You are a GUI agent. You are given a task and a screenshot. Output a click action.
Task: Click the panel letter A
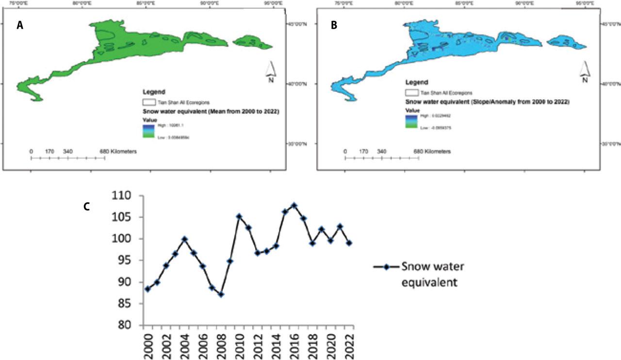(20, 27)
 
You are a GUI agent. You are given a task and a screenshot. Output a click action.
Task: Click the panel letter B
(334, 27)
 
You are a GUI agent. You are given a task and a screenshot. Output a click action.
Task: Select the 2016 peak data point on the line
(294, 205)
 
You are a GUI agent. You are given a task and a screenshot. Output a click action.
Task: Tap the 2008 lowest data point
(221, 295)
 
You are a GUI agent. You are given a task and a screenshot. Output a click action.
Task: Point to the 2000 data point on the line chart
(147, 289)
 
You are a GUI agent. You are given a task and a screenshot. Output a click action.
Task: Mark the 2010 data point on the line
(239, 216)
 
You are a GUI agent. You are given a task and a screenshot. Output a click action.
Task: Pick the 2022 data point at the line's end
(349, 243)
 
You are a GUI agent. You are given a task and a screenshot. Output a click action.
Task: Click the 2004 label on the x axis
(184, 345)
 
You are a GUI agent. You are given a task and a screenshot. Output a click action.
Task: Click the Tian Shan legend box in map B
(411, 92)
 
